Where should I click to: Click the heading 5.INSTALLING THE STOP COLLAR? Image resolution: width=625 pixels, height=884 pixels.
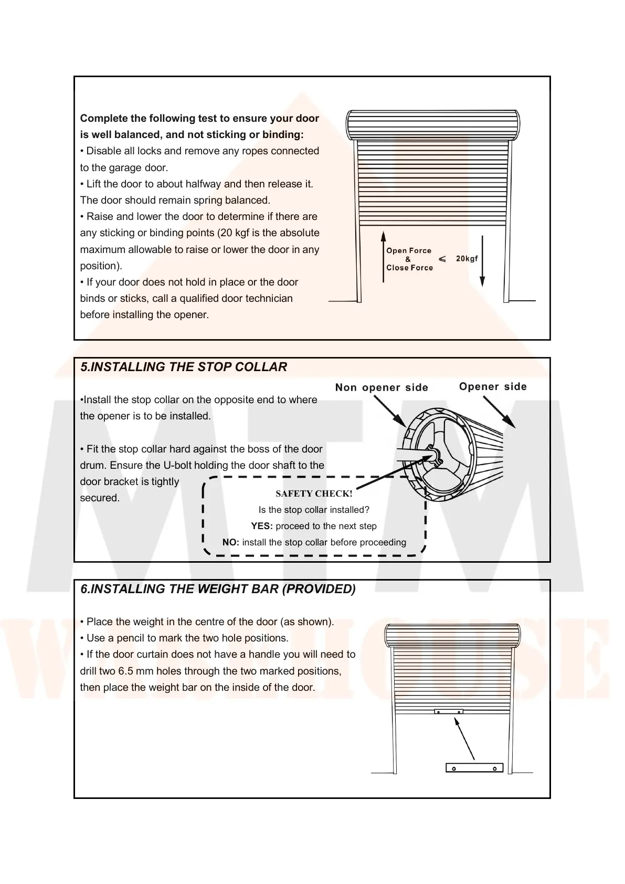(x=184, y=367)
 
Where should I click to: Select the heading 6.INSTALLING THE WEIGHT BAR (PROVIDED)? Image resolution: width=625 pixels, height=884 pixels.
(x=218, y=589)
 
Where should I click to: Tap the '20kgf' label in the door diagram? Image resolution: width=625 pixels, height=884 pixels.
(x=467, y=258)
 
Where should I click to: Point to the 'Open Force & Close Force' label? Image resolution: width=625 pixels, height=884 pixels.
(x=409, y=259)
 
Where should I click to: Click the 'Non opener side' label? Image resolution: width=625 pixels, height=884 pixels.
(x=382, y=387)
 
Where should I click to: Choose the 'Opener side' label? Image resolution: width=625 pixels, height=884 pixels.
(x=493, y=387)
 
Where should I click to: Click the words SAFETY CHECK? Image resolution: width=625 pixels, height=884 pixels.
(x=314, y=493)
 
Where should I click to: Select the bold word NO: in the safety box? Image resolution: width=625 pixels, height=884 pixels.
(x=230, y=542)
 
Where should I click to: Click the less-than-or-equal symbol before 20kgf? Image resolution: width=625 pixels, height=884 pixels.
(x=442, y=259)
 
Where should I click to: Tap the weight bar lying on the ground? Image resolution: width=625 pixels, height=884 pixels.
(x=474, y=768)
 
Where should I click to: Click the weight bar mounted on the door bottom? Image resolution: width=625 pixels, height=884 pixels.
(x=448, y=712)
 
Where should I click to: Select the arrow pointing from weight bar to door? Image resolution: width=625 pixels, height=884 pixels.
(x=464, y=739)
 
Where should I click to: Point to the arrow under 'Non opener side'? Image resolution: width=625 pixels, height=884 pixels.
(x=389, y=411)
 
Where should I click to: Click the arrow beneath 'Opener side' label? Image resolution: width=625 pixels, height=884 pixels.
(x=499, y=412)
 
